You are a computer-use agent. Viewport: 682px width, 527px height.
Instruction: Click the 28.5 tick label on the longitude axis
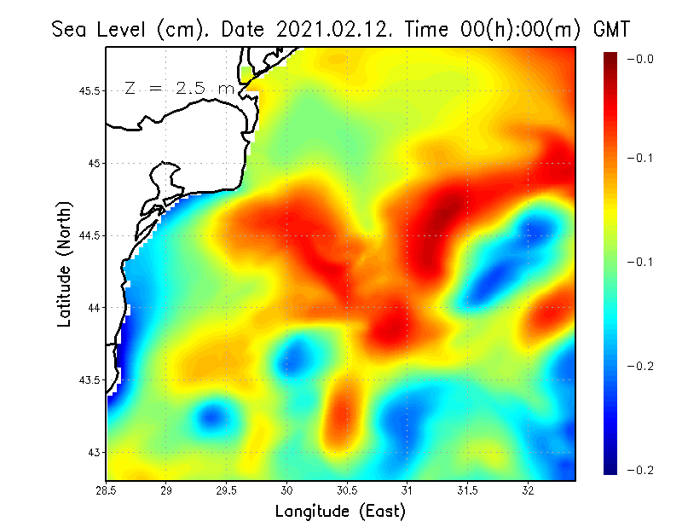click(106, 490)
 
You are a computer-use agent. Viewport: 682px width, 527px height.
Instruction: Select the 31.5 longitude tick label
click(468, 490)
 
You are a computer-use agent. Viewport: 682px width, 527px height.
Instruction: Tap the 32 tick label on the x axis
click(529, 490)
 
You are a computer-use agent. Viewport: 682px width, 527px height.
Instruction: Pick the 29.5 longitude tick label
click(227, 490)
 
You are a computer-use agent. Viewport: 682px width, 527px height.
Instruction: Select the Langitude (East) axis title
click(340, 511)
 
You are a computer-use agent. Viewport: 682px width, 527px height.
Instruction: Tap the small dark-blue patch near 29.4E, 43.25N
click(211, 416)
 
